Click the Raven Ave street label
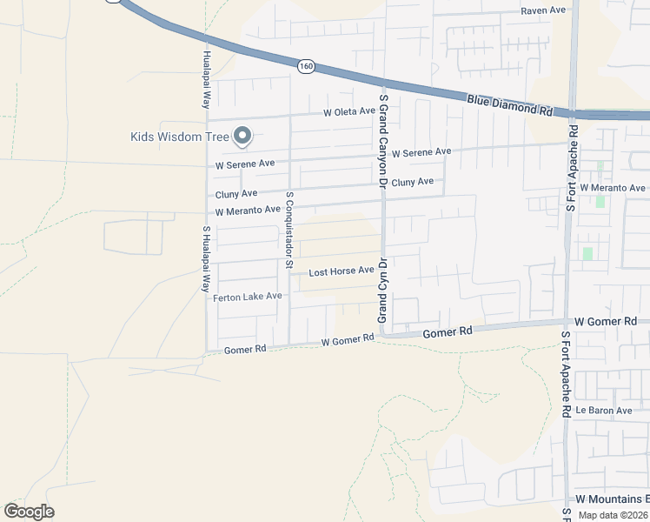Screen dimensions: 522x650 point(543,10)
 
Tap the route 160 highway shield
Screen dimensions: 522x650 point(304,66)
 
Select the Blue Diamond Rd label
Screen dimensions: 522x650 point(509,106)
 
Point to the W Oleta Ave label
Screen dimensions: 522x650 point(349,112)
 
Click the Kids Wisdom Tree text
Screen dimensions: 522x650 point(179,137)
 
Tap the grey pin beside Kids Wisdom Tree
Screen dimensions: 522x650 point(242,136)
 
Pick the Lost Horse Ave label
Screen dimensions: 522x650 point(342,271)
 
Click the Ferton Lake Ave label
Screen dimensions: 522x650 point(248,297)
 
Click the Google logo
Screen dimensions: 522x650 point(29,512)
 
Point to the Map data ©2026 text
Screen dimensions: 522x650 point(612,515)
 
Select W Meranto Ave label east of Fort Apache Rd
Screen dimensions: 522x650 point(613,188)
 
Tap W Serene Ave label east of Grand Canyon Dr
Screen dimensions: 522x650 point(421,152)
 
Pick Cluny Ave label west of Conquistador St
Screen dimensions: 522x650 point(236,193)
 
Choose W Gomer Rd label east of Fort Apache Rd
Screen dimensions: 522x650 point(607,321)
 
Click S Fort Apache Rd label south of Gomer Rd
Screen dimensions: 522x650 point(565,375)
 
